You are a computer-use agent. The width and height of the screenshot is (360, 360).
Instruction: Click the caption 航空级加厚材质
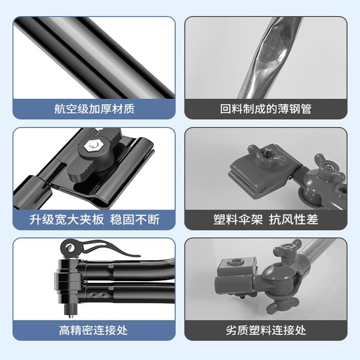click(94, 109)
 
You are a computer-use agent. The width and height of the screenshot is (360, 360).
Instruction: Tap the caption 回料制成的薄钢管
click(265, 109)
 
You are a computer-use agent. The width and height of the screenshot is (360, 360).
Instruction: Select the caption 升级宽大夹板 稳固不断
click(94, 220)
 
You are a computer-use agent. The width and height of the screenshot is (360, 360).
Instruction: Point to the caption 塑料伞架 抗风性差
click(265, 220)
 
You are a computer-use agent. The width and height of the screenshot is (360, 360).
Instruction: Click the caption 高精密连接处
click(93, 330)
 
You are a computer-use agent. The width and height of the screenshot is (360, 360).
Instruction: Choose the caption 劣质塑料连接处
click(265, 330)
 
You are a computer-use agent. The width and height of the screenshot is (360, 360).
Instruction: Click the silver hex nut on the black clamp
click(93, 145)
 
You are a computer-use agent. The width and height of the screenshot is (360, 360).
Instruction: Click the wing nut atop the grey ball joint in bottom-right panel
click(288, 250)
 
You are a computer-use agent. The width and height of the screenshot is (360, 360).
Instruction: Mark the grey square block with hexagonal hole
click(237, 266)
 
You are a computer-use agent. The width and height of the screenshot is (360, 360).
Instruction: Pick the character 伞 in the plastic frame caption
click(243, 220)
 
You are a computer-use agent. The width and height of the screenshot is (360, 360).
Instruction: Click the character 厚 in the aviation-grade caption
click(106, 109)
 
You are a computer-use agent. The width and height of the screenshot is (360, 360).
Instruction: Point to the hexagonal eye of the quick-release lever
click(69, 247)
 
